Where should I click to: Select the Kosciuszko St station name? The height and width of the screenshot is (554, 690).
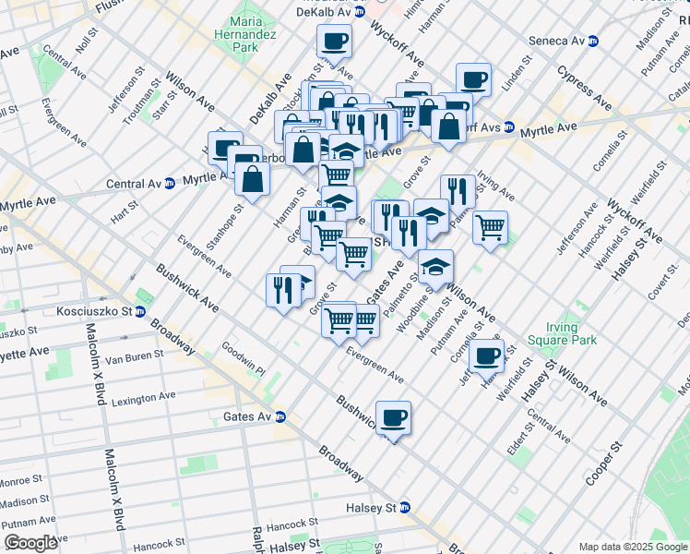94,312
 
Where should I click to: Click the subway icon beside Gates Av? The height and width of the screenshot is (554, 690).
280,417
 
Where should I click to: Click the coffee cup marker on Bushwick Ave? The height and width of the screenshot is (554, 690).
394,417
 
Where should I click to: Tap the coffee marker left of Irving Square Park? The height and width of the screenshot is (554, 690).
486,355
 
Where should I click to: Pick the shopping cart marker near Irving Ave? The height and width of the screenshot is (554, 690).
490,226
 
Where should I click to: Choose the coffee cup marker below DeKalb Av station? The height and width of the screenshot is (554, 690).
334,41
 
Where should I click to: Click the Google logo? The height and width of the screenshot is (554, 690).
31,543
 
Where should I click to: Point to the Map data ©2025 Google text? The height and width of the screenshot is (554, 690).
633,547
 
